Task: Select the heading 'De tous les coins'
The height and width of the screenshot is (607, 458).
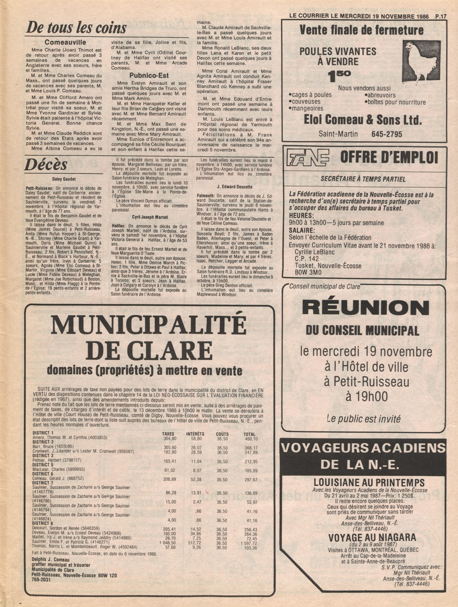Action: [76, 28]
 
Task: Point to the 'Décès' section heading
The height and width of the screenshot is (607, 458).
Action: [46, 164]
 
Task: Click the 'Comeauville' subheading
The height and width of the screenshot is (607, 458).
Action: [65, 42]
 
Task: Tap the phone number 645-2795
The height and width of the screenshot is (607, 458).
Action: [386, 134]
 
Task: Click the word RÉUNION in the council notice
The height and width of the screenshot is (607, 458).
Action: [366, 307]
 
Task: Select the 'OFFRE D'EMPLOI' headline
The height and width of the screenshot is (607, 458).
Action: [389, 158]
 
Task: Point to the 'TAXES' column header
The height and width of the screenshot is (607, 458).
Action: [168, 434]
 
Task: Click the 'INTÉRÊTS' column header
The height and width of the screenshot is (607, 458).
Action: [195, 434]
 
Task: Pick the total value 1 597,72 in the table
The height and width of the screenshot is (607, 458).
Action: [249, 543]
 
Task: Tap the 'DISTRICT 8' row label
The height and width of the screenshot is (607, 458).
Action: [43, 523]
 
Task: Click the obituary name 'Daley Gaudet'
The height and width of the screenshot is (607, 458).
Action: [64, 179]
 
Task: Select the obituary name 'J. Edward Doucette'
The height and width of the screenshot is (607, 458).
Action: [234, 187]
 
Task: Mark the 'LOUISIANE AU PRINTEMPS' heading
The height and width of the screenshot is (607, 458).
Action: [369, 483]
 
